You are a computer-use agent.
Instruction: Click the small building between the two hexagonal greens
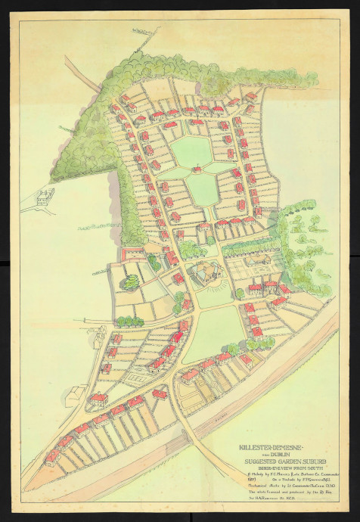(x=197, y=169)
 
